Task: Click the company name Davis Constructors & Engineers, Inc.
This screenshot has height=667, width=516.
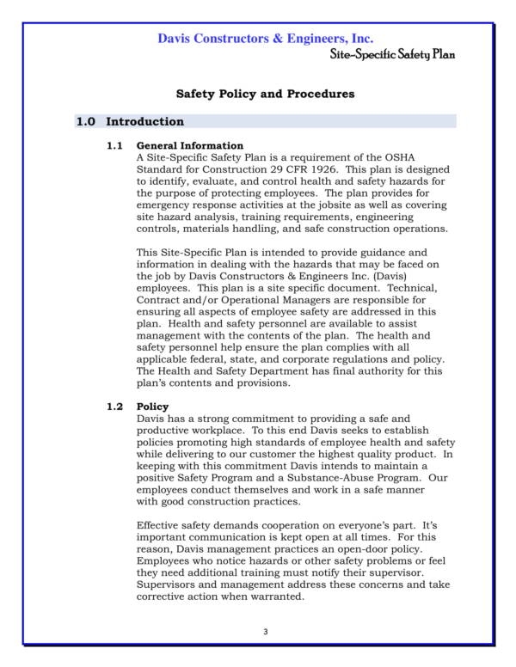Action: coord(265,39)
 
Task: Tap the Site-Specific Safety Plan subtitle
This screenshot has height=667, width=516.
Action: coord(392,54)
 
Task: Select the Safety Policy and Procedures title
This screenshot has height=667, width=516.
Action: coord(265,94)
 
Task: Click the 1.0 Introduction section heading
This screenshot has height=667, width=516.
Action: coord(130,122)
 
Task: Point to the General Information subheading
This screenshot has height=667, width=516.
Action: coord(190,145)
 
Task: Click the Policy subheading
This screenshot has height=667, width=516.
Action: coord(152,407)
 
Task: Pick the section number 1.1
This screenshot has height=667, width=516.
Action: coord(115,145)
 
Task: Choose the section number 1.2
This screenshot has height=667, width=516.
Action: coord(115,407)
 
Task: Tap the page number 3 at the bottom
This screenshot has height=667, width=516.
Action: coord(265,633)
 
